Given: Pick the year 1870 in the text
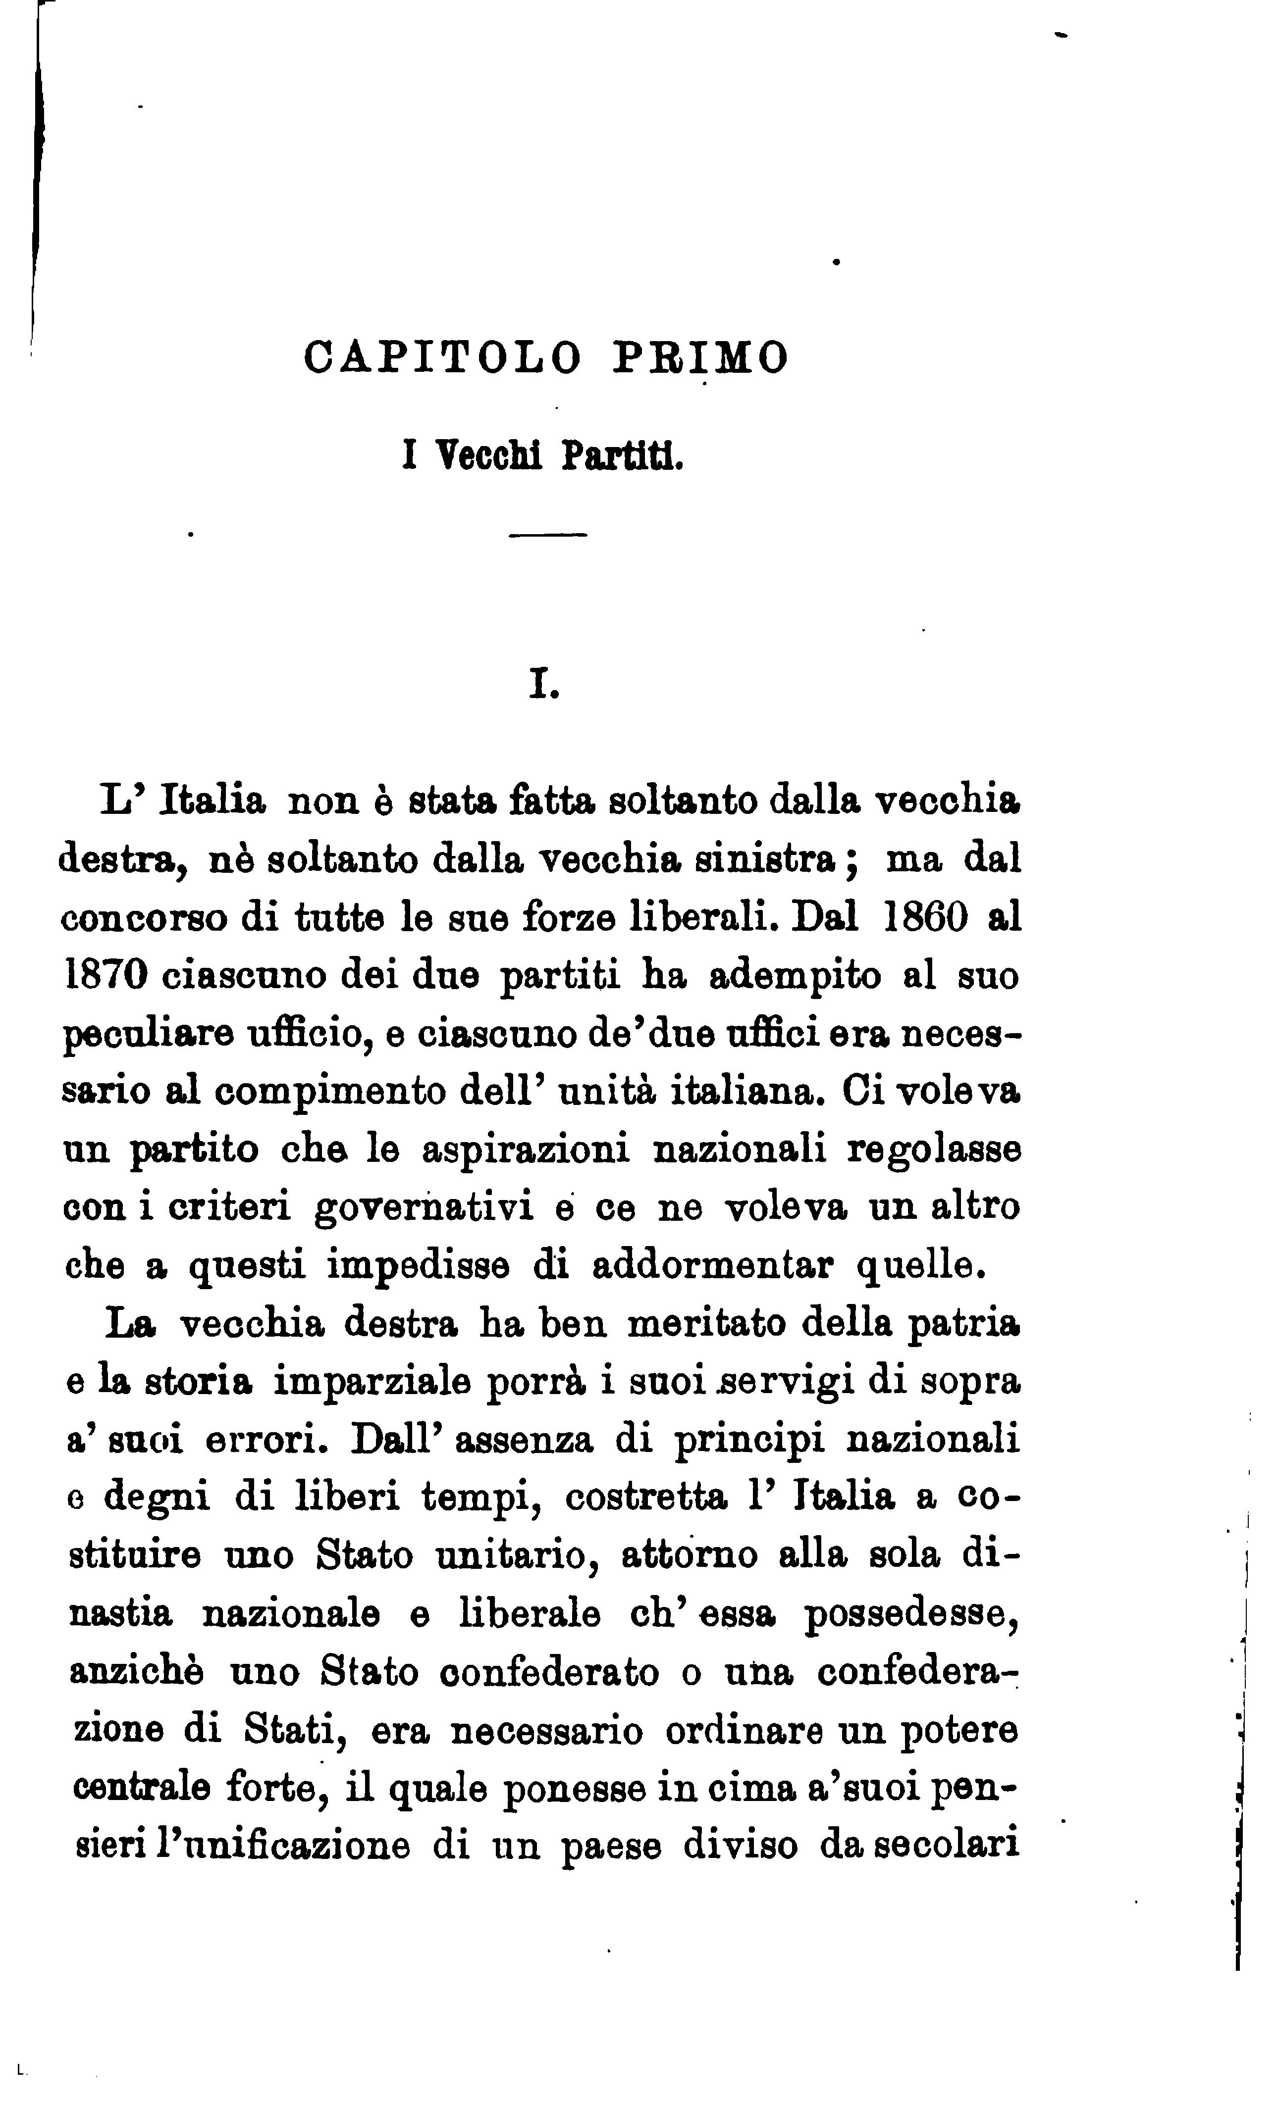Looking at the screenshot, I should point(106,975).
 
